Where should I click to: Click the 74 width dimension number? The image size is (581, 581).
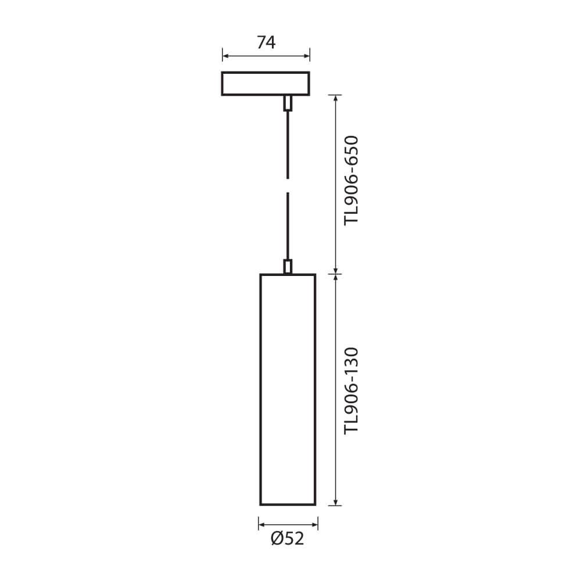(x=266, y=42)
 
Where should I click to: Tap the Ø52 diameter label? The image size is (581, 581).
(x=288, y=539)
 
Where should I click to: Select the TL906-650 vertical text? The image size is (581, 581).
(x=352, y=181)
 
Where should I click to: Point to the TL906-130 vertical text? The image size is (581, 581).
(x=352, y=390)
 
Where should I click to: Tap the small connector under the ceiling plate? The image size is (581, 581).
(x=288, y=103)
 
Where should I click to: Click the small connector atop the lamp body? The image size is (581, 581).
(x=288, y=267)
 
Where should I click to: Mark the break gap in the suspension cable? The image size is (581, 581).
(x=288, y=186)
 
